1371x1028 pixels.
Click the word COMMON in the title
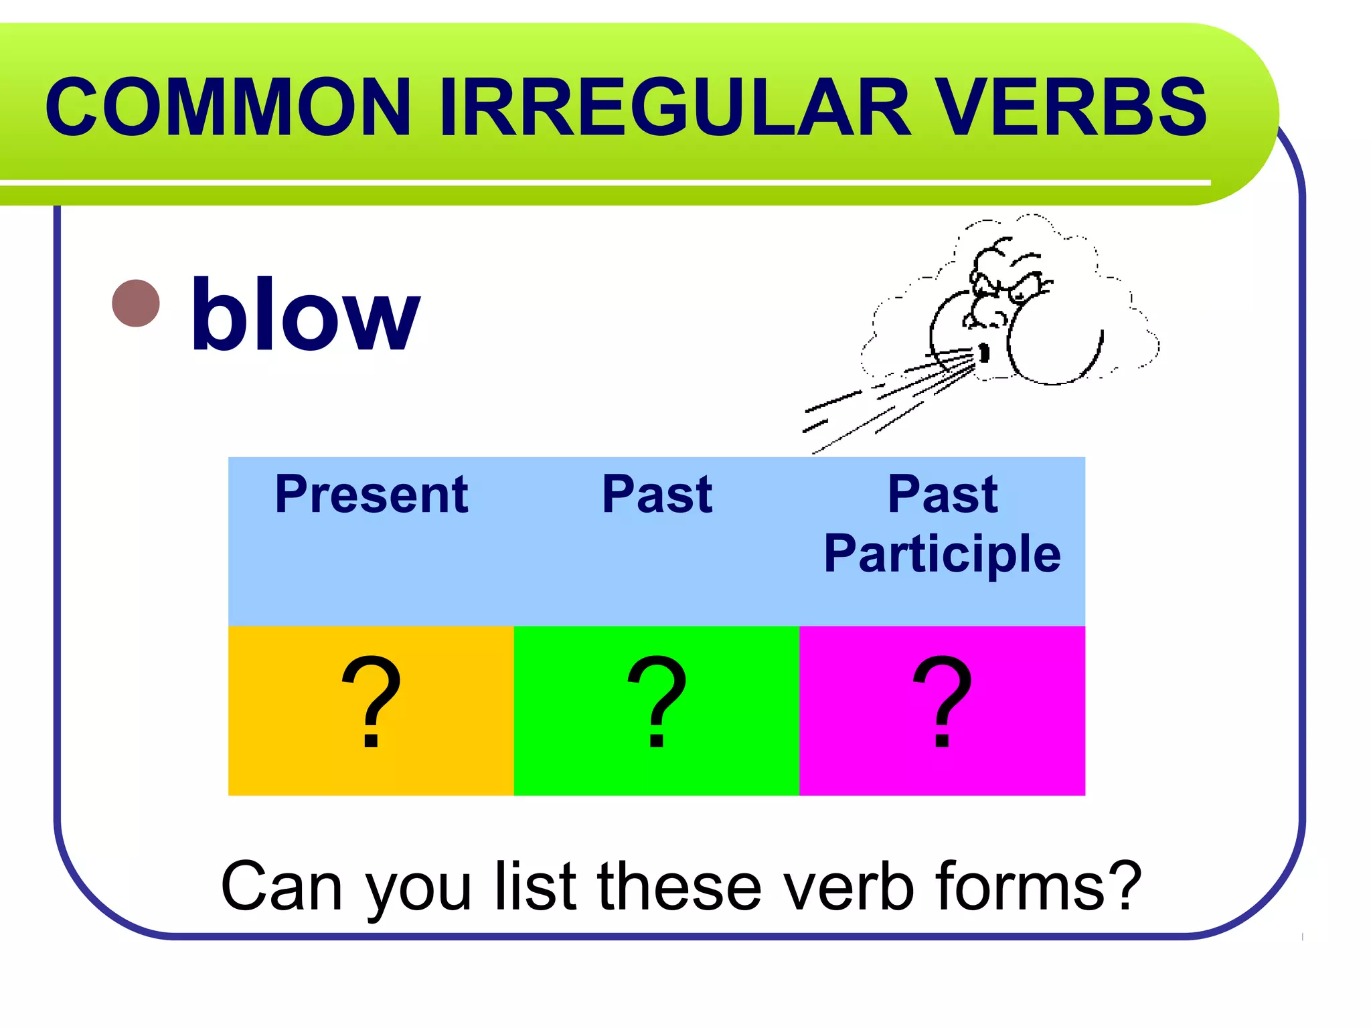click(228, 107)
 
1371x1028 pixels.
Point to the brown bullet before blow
click(136, 303)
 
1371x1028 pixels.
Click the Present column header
click(371, 495)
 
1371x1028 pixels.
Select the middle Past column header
click(657, 495)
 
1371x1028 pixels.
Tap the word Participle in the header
click(942, 554)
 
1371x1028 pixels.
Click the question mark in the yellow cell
click(371, 703)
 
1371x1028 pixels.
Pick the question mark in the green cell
click(657, 703)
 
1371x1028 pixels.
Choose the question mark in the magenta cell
click(942, 703)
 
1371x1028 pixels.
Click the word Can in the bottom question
click(281, 887)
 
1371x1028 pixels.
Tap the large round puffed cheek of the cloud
click(1054, 341)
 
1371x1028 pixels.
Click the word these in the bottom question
click(679, 887)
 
